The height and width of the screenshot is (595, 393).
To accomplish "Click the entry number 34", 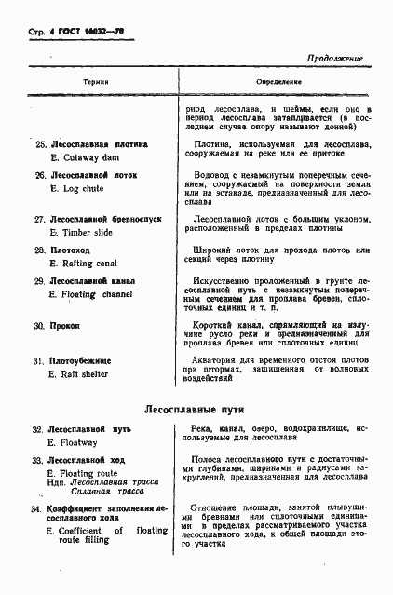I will click(x=38, y=508).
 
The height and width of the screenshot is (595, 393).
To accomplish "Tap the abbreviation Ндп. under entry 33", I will click(x=57, y=483).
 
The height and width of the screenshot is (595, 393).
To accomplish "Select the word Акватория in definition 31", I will click(x=221, y=357).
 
